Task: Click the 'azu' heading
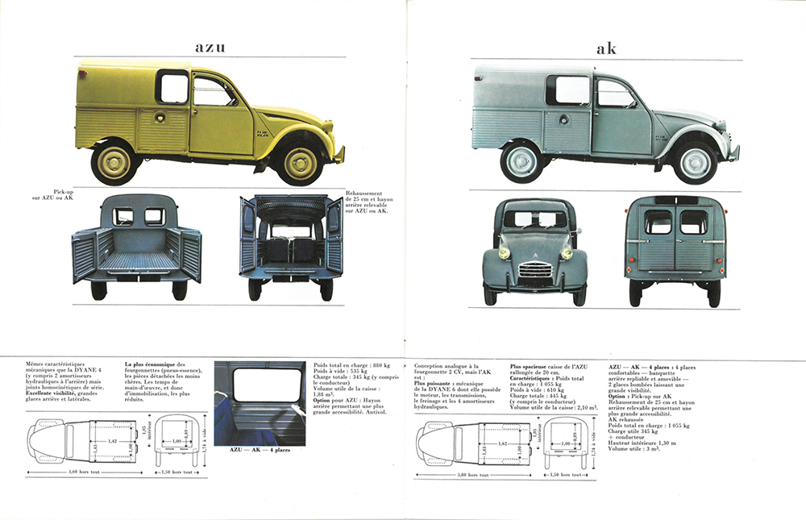pyautogui.click(x=210, y=47)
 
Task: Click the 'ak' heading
pyautogui.click(x=606, y=49)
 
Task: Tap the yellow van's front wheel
pyautogui.click(x=300, y=163)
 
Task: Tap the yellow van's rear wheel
pyautogui.click(x=114, y=163)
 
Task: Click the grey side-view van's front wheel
pyautogui.click(x=694, y=162)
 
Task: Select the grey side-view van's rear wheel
pyautogui.click(x=521, y=162)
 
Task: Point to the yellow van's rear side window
pyautogui.click(x=172, y=86)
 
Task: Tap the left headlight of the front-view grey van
pyautogui.click(x=505, y=253)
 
